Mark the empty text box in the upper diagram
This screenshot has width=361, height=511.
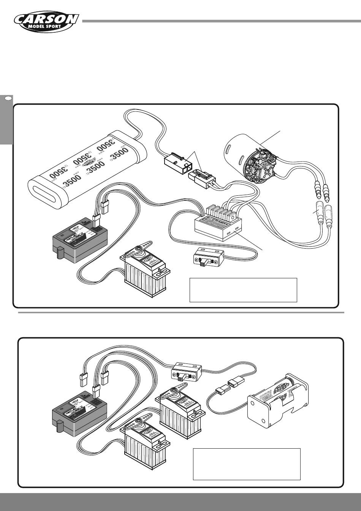(243, 290)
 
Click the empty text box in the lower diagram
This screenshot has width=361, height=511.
(247, 464)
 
